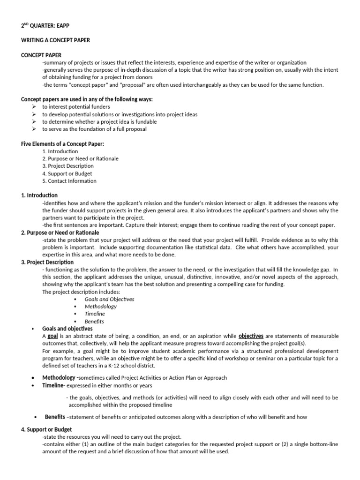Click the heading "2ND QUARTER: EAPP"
(x=46, y=26)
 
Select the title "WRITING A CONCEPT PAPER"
(x=55, y=40)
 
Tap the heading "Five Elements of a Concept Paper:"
(x=62, y=143)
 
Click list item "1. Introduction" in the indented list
(x=60, y=151)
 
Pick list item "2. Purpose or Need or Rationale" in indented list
(x=80, y=158)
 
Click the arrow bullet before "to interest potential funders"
(x=34, y=107)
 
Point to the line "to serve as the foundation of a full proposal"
(x=94, y=129)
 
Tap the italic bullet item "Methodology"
(x=100, y=306)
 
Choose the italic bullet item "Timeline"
(x=95, y=314)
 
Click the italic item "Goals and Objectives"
(x=109, y=299)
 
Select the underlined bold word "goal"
(x=52, y=336)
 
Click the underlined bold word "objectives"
(x=251, y=336)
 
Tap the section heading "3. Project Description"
(x=47, y=262)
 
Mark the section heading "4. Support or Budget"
(x=46, y=429)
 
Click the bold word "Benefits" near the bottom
(x=55, y=417)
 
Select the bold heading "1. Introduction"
(x=39, y=195)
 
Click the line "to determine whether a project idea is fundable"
(x=99, y=121)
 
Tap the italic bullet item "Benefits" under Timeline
(x=94, y=321)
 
